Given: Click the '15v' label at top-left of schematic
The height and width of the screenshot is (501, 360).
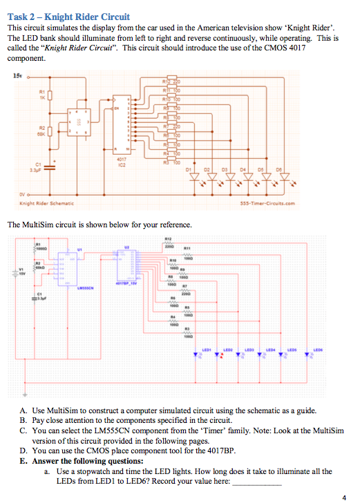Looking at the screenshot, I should [x=17, y=75].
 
